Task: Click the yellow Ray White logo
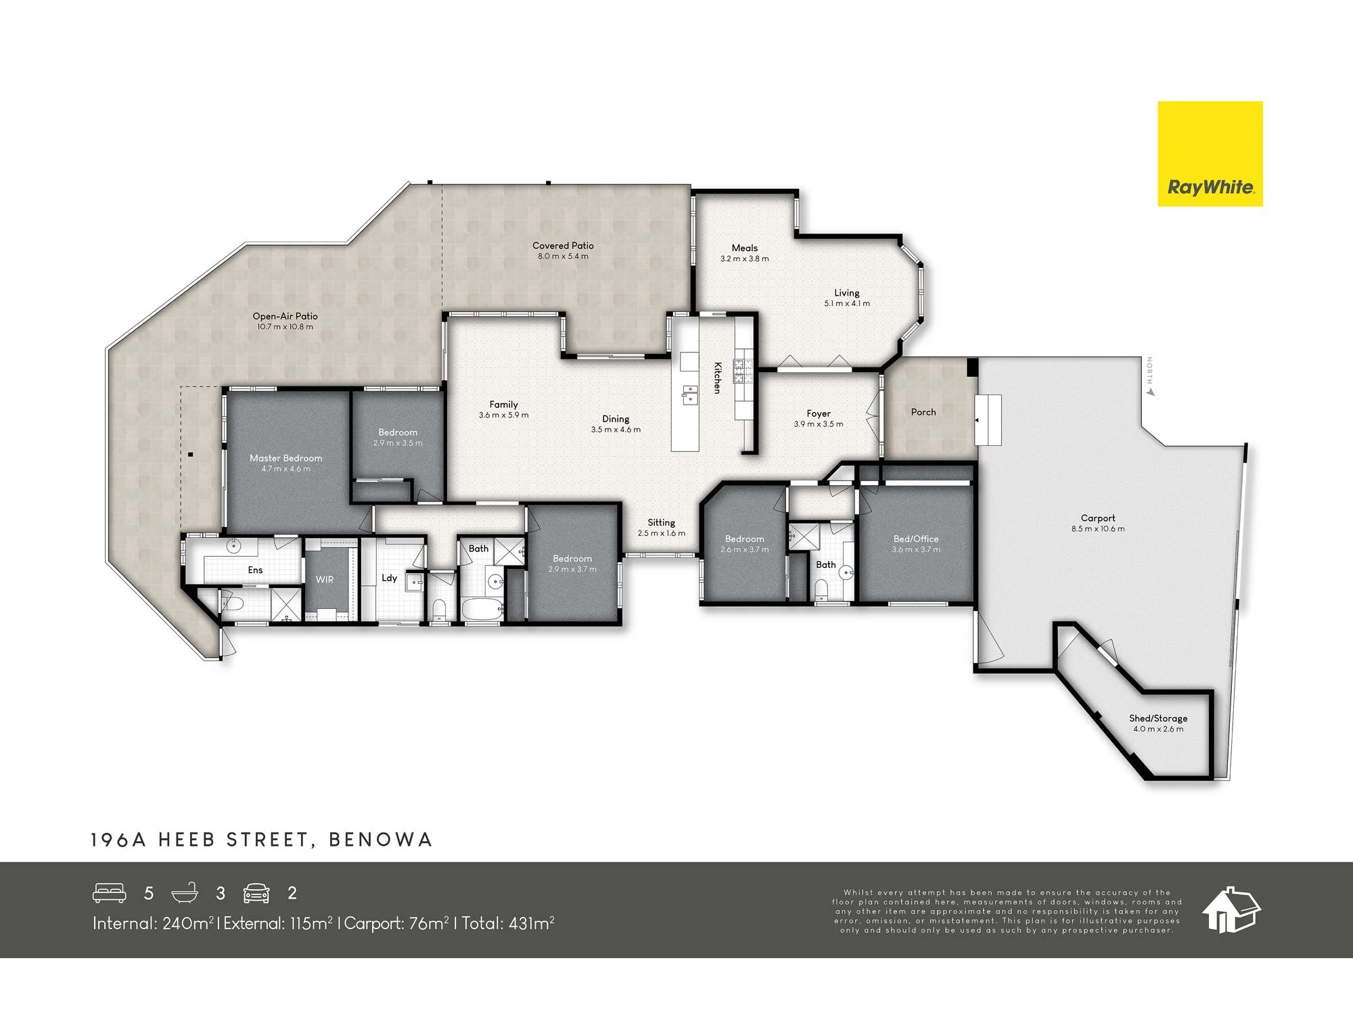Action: coord(1210,154)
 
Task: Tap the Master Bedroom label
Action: coord(285,458)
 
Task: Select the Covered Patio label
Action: coord(563,246)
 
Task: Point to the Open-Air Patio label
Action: coord(285,316)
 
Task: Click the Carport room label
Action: coord(1098,518)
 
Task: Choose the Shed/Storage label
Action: coord(1158,719)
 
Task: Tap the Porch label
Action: coord(923,412)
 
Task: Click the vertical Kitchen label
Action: coord(717,378)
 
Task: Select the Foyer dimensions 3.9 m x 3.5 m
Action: coord(819,424)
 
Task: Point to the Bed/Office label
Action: coord(916,539)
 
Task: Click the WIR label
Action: coord(325,580)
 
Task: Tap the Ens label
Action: coord(255,570)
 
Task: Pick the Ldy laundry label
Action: coord(389,578)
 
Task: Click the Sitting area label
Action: coord(661,522)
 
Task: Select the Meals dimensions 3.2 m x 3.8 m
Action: coord(744,258)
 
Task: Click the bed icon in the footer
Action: coord(110,893)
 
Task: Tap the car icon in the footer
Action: coord(256,893)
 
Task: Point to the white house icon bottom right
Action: coord(1231,909)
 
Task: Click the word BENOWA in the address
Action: coord(380,840)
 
